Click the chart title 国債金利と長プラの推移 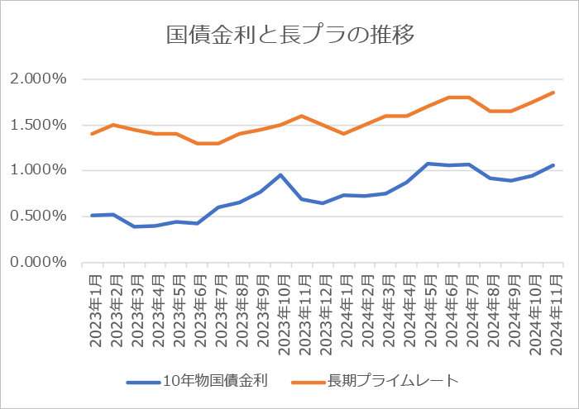click(289, 35)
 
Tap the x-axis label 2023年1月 click(92, 311)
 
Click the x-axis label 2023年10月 click(281, 315)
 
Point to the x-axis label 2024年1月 click(344, 311)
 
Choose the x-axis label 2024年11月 click(553, 315)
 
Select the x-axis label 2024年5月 click(428, 311)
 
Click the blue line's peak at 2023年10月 click(280, 175)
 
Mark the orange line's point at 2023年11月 click(301, 116)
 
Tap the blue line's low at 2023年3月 click(134, 226)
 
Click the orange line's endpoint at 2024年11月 click(553, 93)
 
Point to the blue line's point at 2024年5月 click(428, 164)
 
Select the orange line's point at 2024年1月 click(343, 134)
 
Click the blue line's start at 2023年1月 click(92, 215)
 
